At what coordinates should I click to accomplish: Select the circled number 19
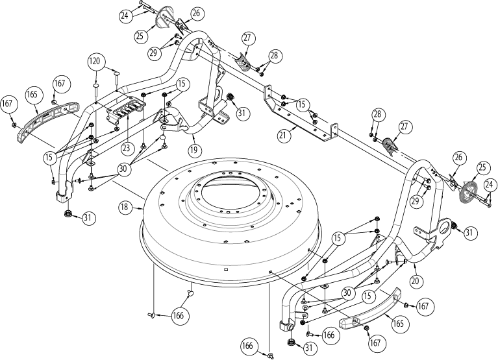[193, 149]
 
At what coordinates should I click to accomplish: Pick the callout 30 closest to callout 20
[347, 293]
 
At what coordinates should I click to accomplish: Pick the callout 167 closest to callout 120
[60, 84]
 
